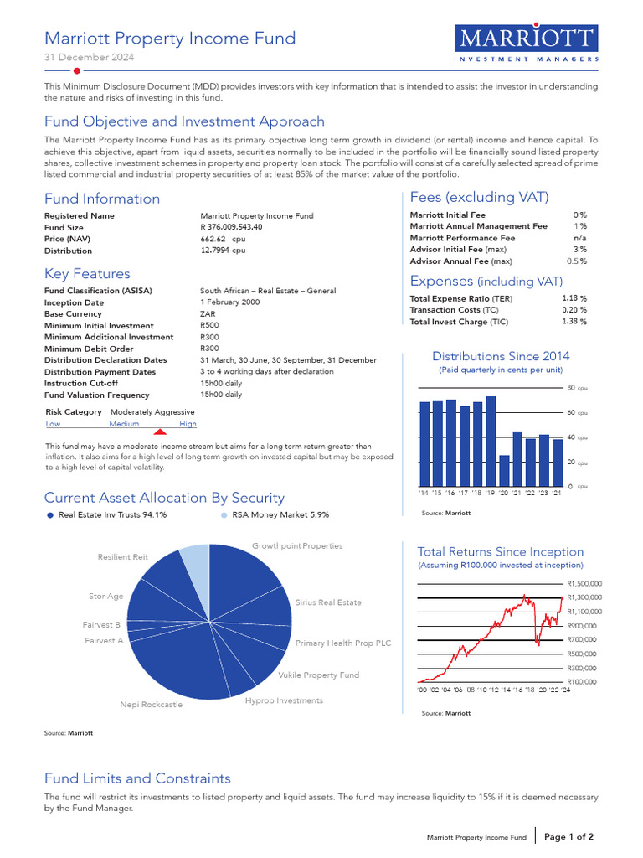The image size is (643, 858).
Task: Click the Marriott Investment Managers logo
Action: pyautogui.click(x=527, y=44)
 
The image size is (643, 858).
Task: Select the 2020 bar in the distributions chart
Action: pyautogui.click(x=504, y=470)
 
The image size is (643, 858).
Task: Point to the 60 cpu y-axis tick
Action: pyautogui.click(x=572, y=413)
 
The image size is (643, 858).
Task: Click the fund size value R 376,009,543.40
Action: pyautogui.click(x=231, y=227)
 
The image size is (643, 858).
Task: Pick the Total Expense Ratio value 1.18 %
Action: pyautogui.click(x=574, y=298)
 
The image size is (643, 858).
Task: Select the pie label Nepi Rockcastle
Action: pyautogui.click(x=151, y=705)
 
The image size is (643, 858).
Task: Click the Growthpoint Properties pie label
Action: pyautogui.click(x=297, y=546)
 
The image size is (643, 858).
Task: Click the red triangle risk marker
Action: pyautogui.click(x=161, y=431)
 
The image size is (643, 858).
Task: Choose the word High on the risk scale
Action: pyautogui.click(x=188, y=424)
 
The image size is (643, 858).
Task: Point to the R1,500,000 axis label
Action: pyautogui.click(x=584, y=584)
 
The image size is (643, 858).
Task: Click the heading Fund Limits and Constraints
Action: pyautogui.click(x=137, y=778)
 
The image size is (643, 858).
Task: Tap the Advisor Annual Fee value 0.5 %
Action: pyautogui.click(x=576, y=261)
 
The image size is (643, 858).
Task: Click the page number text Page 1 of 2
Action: pyautogui.click(x=569, y=836)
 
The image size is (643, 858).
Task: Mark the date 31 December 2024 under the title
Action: pyautogui.click(x=89, y=58)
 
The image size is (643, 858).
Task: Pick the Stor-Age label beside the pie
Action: pyautogui.click(x=106, y=597)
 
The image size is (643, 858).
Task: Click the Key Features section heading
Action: pyautogui.click(x=87, y=274)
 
